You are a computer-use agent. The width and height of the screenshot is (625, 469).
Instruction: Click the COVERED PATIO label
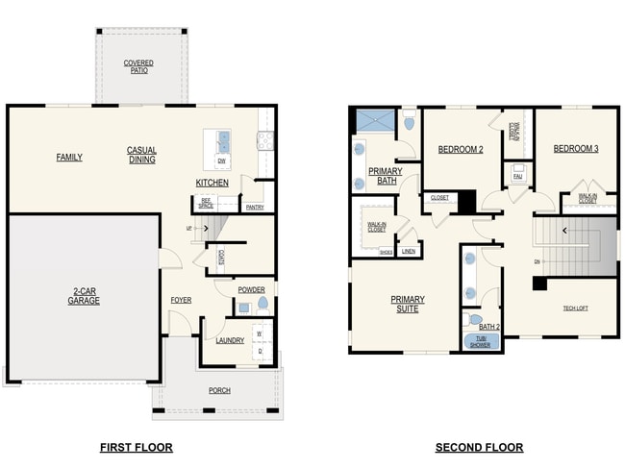tap(138, 65)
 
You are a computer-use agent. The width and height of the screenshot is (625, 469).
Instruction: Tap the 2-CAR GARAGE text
tap(84, 296)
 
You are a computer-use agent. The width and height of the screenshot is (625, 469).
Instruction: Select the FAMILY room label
tap(69, 157)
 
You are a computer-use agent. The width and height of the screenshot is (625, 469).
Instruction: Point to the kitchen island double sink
tap(223, 141)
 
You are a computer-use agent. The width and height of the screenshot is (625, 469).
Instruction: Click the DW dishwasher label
tap(221, 160)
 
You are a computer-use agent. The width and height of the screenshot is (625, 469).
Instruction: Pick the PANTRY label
tap(255, 207)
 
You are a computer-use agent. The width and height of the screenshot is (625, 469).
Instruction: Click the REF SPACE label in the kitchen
tap(206, 203)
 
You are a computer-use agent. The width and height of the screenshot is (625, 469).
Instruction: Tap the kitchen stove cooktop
tap(264, 141)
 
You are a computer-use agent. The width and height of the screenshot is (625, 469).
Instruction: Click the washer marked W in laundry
tap(259, 333)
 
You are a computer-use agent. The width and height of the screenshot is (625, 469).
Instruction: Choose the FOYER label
tap(181, 300)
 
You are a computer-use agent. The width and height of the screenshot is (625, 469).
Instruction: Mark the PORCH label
tap(219, 390)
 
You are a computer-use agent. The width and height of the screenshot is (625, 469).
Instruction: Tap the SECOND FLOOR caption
tap(479, 447)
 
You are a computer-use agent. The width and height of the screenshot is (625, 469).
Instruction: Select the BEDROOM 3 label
tap(575, 149)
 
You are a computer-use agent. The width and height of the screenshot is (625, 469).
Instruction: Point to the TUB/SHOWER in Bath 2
tap(479, 341)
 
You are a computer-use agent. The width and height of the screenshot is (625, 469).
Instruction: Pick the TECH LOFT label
tap(576, 309)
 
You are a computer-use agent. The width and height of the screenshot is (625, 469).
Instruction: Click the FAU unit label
tap(517, 177)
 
